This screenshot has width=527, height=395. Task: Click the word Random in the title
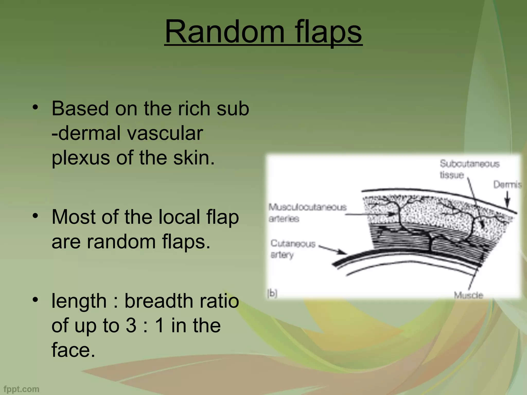[224, 32]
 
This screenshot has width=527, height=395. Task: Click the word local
[179, 217]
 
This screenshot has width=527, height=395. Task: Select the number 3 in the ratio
[131, 326]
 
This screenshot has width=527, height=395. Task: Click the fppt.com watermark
[22, 389]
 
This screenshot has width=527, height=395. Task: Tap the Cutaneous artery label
[292, 249]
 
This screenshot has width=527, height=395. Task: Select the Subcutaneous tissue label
[469, 169]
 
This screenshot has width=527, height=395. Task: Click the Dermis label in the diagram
[507, 185]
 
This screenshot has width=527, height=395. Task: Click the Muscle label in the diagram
[468, 295]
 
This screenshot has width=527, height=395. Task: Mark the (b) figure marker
[272, 293]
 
